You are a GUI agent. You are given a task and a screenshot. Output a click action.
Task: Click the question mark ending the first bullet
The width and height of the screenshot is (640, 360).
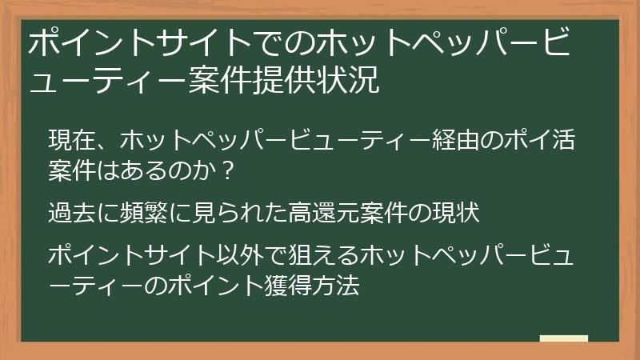(x=229, y=170)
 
